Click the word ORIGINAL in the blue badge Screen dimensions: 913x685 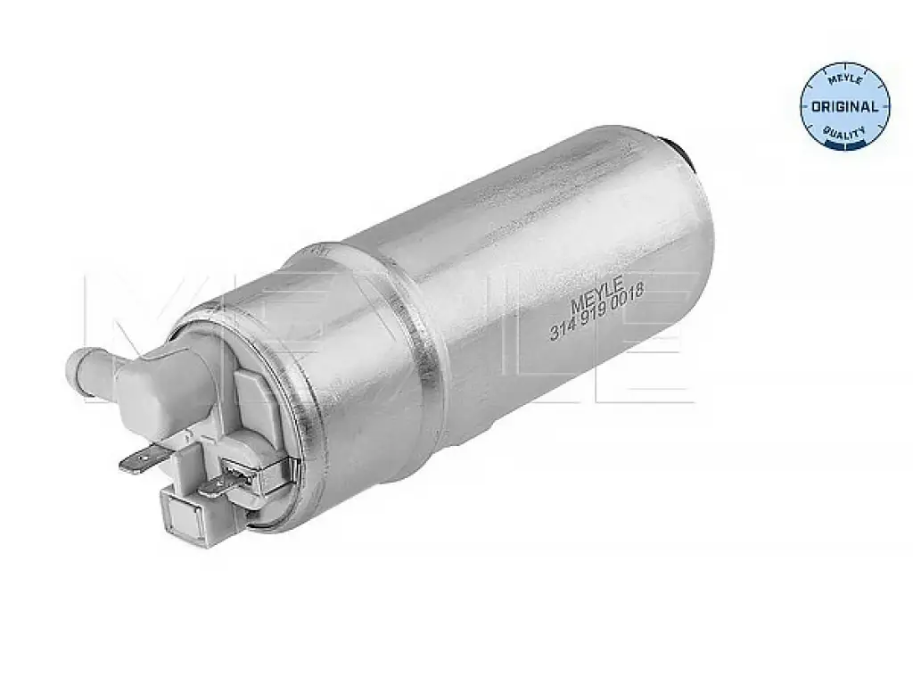845,107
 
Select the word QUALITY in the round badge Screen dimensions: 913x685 845,134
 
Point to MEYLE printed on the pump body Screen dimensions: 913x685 598,293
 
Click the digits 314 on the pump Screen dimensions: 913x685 563,329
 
